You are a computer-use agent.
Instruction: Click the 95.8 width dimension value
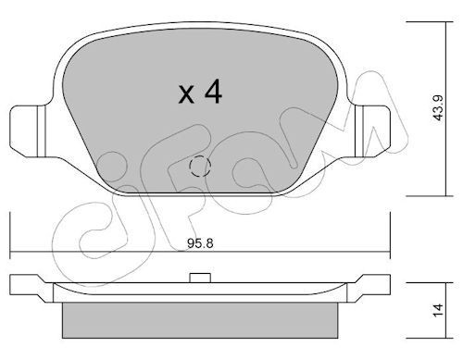pos(200,243)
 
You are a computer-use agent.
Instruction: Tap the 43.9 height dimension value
pos(438,107)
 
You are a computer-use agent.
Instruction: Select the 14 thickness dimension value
pos(438,309)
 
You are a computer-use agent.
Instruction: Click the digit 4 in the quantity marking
pos(213,91)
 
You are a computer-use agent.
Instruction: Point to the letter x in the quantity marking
pos(186,94)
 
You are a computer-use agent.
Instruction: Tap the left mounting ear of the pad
pos(28,131)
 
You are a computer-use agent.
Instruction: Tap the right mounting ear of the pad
pos(372,131)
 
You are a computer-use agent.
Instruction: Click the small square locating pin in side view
pos(200,278)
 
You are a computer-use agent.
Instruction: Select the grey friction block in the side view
pos(200,320)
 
